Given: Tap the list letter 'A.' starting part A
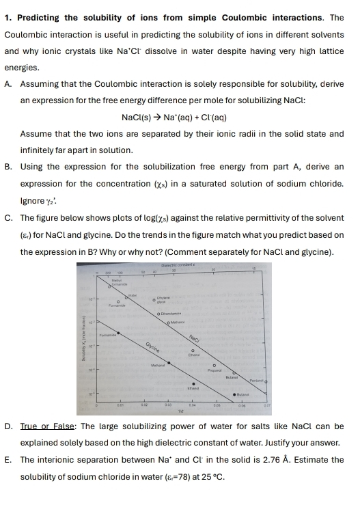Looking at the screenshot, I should point(9,84).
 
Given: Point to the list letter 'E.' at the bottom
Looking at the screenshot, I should point(9,460).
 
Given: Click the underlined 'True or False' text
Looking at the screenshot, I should point(49,426).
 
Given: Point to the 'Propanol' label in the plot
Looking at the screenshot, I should point(214,370).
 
